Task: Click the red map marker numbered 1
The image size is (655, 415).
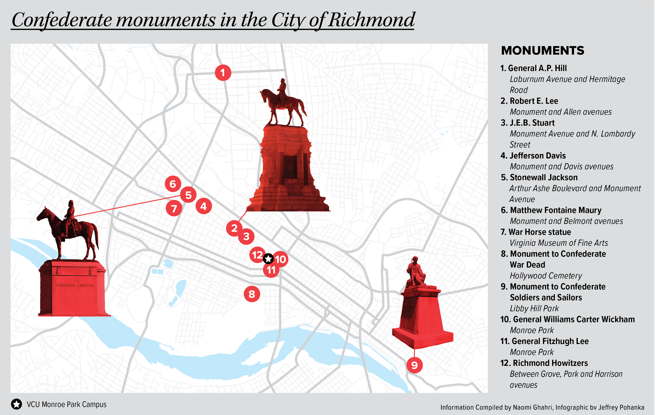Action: [223, 73]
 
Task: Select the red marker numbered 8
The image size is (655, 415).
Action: [252, 294]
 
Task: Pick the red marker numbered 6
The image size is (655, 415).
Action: [173, 184]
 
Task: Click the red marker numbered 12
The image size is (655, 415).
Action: [257, 255]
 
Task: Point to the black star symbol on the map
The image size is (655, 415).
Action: [268, 259]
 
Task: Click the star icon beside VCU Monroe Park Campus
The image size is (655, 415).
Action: [17, 404]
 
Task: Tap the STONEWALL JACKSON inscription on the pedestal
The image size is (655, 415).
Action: [75, 285]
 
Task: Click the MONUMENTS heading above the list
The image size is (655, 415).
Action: [542, 51]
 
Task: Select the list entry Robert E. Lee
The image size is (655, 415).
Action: [533, 101]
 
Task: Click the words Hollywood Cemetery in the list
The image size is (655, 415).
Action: [546, 276]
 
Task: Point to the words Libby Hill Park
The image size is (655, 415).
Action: [534, 309]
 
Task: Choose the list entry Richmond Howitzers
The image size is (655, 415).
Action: [550, 363]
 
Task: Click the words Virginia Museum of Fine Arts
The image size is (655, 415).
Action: [559, 243]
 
